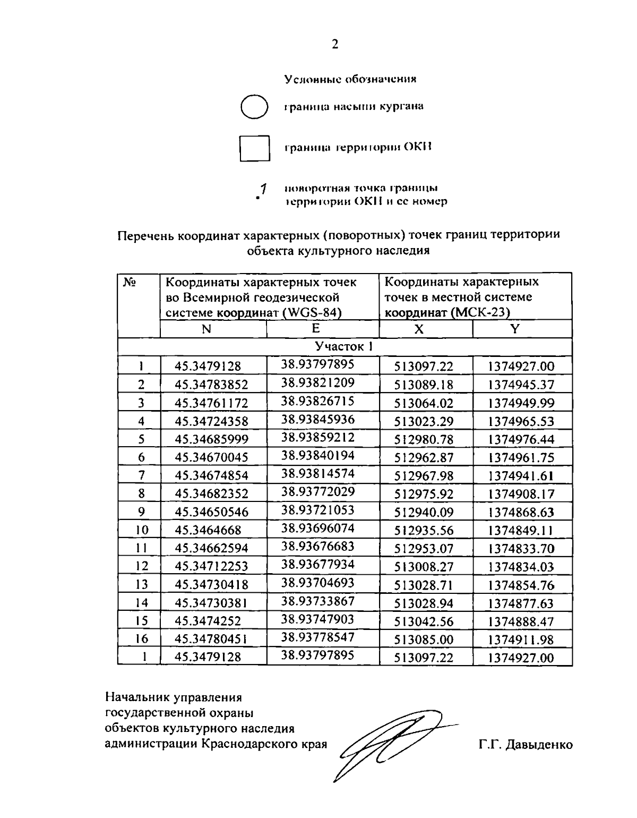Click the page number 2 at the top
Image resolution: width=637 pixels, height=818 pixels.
tap(334, 45)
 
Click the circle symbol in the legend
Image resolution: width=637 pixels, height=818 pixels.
tap(254, 106)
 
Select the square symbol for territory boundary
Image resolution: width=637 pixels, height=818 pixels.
tap(255, 148)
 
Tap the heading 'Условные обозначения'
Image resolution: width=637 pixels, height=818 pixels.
tap(350, 79)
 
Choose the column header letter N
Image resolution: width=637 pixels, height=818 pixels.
tap(206, 329)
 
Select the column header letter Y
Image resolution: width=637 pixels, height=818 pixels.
tap(514, 329)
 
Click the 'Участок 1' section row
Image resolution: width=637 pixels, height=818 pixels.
tap(345, 347)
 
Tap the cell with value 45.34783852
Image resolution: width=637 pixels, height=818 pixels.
tap(211, 385)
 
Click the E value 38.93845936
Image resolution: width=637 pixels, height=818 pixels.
tap(317, 420)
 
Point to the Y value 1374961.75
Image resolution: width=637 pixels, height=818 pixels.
tap(521, 457)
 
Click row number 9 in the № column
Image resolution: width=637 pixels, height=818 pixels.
tap(141, 512)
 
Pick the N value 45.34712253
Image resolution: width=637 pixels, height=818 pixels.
tap(211, 566)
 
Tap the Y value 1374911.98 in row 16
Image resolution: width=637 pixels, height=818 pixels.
tap(521, 640)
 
